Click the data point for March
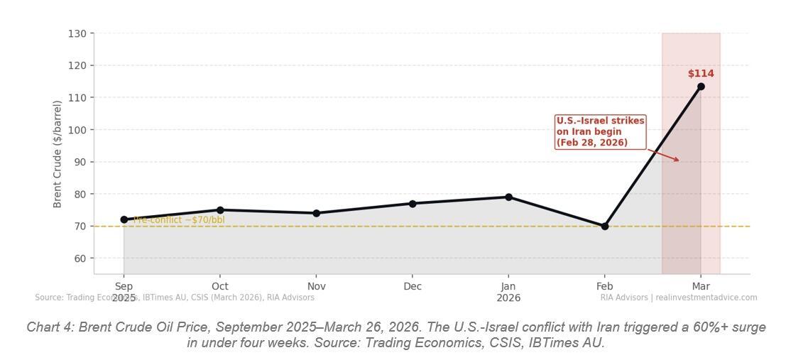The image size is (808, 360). (x=701, y=87)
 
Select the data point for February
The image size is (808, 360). (x=605, y=227)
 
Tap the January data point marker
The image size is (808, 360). (x=508, y=197)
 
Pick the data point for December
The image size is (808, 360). (x=413, y=204)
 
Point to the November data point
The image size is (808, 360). (x=317, y=213)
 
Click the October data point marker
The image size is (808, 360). (x=220, y=210)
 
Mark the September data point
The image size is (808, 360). (x=124, y=220)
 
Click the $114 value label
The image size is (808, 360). (x=701, y=74)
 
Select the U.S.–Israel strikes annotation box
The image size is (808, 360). (x=600, y=132)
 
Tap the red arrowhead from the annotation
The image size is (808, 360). (x=677, y=160)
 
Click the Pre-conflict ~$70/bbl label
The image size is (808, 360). (x=179, y=220)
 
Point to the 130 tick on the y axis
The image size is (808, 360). (x=78, y=34)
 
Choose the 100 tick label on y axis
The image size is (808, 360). (x=78, y=130)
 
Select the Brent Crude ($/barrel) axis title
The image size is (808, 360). (x=58, y=154)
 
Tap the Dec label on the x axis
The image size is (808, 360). (x=413, y=286)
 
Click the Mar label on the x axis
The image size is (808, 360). (x=701, y=286)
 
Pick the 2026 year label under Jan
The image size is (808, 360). (x=508, y=298)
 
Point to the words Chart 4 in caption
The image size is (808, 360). (x=50, y=327)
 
